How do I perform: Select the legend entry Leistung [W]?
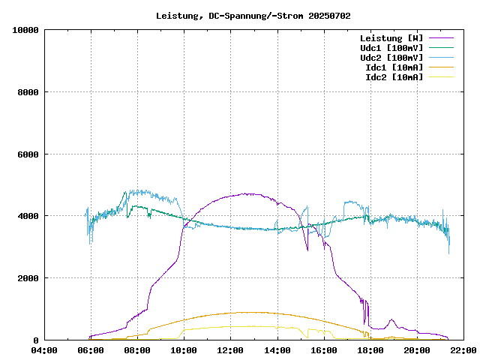[391, 38]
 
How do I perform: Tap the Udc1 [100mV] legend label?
[391, 48]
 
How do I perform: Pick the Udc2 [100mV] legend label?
[391, 58]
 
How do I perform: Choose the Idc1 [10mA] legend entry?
[394, 67]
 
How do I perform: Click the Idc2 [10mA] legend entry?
[394, 77]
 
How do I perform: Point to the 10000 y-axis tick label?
[25, 31]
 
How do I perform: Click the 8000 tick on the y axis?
[28, 92]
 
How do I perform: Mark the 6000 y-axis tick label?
[28, 154]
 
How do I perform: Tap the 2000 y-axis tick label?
[28, 278]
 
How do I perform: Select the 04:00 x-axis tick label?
[44, 350]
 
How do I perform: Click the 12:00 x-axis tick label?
[230, 350]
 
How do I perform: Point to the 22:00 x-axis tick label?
[463, 350]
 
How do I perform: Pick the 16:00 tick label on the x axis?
[323, 350]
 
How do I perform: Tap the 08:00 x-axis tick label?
[137, 350]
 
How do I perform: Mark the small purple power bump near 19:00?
[391, 321]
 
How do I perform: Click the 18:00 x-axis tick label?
[370, 350]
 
